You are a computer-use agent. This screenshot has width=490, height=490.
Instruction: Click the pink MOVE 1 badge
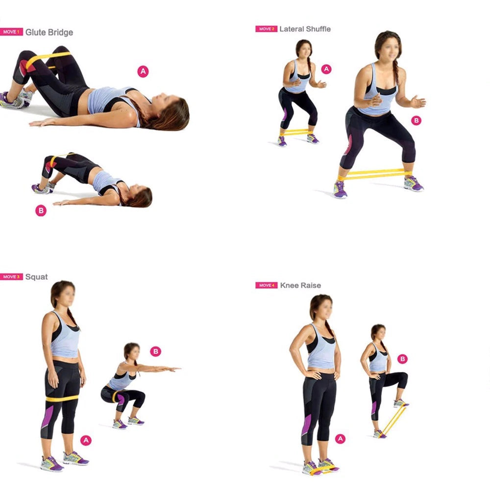coord(11,32)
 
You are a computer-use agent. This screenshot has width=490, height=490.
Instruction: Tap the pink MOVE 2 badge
coord(266,29)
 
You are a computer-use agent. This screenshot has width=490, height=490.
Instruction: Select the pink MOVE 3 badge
coord(11,276)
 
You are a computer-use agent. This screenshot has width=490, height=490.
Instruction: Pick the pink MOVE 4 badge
coord(266,285)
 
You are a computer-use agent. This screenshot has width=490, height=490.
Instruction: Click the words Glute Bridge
coord(49,32)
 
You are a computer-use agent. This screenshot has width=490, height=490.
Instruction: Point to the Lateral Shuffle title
coord(305,29)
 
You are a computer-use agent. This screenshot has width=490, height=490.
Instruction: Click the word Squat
coord(37,277)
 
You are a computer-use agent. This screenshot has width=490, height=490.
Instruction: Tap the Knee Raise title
coord(301,285)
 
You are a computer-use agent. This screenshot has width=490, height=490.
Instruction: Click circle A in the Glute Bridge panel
coord(143,72)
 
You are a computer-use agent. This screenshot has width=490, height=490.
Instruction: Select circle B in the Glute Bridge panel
coord(41,211)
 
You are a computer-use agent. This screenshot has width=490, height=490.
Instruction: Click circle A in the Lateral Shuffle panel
coord(326,69)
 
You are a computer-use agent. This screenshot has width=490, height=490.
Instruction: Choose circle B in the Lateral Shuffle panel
coord(416,121)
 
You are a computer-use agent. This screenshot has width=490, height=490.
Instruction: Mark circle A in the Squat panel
coord(86,441)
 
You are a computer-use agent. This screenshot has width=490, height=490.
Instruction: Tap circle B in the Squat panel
coord(156,351)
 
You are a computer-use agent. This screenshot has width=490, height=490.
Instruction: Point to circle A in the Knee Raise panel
coord(341,439)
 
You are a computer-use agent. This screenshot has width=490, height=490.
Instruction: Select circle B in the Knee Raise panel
coord(402,359)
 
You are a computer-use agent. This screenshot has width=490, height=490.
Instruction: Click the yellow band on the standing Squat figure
coord(62,399)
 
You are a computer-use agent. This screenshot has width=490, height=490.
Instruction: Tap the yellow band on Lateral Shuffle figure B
coord(375,174)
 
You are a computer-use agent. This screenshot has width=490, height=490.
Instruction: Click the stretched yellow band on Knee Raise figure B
coord(394,420)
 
